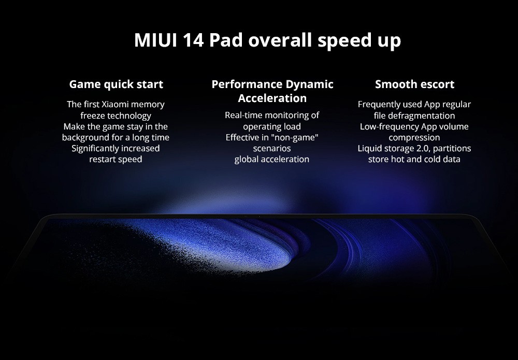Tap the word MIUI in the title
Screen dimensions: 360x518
155,40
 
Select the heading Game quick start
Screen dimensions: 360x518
116,84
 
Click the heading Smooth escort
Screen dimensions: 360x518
414,84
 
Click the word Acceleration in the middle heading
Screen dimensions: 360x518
272,98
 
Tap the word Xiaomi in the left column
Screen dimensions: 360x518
121,104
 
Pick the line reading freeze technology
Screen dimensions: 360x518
116,116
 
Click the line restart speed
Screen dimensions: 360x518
116,160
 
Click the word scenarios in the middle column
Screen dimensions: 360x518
272,148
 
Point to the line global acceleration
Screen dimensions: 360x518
272,160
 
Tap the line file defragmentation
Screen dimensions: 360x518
414,116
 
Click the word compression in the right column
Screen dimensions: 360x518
414,137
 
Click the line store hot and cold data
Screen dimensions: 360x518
414,160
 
